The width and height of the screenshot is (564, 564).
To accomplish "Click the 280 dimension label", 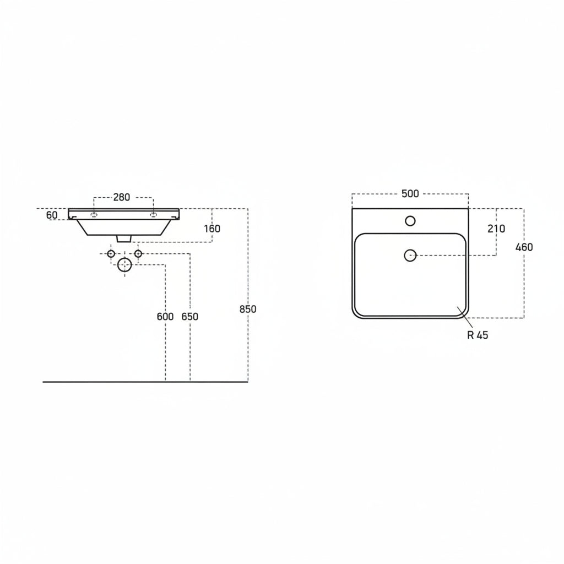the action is coord(122,197).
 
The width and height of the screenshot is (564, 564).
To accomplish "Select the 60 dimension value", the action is coord(52,215).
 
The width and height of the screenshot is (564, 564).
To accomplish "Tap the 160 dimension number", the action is coord(212,229).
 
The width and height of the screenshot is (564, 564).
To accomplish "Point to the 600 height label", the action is coord(165,317).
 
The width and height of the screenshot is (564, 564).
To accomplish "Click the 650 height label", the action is coord(190,317).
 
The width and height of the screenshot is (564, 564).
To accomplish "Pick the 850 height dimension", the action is coord(248,309).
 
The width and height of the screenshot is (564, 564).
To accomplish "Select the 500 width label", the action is coord(410,193).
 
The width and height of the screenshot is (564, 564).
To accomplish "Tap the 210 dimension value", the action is coord(496,229).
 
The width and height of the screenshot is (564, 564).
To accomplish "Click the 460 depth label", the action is coord(524,247).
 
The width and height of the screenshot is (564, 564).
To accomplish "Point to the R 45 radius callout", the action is coord(478,335).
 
